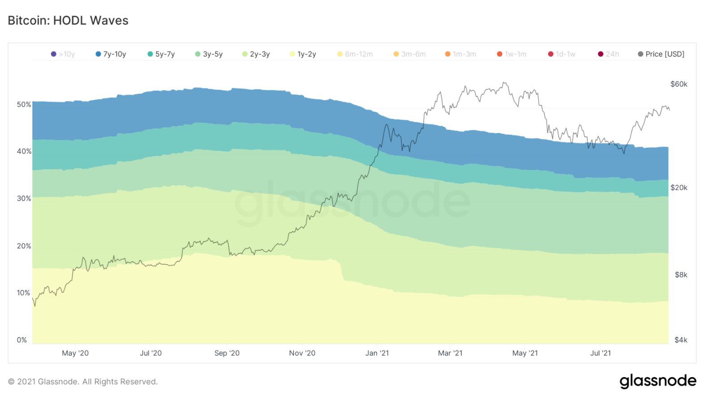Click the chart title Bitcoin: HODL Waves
pyautogui.click(x=68, y=21)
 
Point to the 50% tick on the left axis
pyautogui.click(x=24, y=105)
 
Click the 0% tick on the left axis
pyautogui.click(x=22, y=340)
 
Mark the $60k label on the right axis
pyautogui.click(x=678, y=84)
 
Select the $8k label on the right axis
pyautogui.click(x=681, y=275)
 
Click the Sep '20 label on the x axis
pyautogui.click(x=227, y=353)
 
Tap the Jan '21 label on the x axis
pyautogui.click(x=377, y=353)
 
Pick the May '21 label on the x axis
pyautogui.click(x=525, y=353)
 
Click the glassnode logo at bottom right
pyautogui.click(x=658, y=381)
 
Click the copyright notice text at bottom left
pyautogui.click(x=83, y=382)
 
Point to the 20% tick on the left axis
pyautogui.click(x=24, y=246)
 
